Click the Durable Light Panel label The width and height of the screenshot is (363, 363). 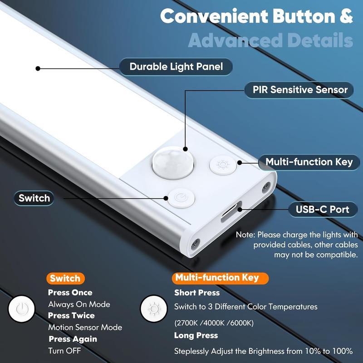(176, 67)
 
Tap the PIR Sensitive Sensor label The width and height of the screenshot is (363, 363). (300, 89)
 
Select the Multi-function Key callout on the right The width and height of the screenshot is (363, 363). (309, 162)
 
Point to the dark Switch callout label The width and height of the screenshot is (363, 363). (34, 198)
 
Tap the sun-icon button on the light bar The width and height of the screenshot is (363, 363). (223, 164)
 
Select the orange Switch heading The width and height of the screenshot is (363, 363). (65, 278)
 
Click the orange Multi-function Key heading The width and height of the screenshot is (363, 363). (217, 278)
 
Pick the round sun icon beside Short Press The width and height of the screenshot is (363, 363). (153, 309)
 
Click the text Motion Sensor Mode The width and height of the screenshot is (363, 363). (85, 327)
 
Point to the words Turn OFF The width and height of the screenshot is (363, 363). (65, 351)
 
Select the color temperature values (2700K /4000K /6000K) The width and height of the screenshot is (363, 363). (214, 323)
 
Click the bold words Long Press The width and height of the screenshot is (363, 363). (196, 336)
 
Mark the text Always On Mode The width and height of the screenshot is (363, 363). (79, 304)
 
